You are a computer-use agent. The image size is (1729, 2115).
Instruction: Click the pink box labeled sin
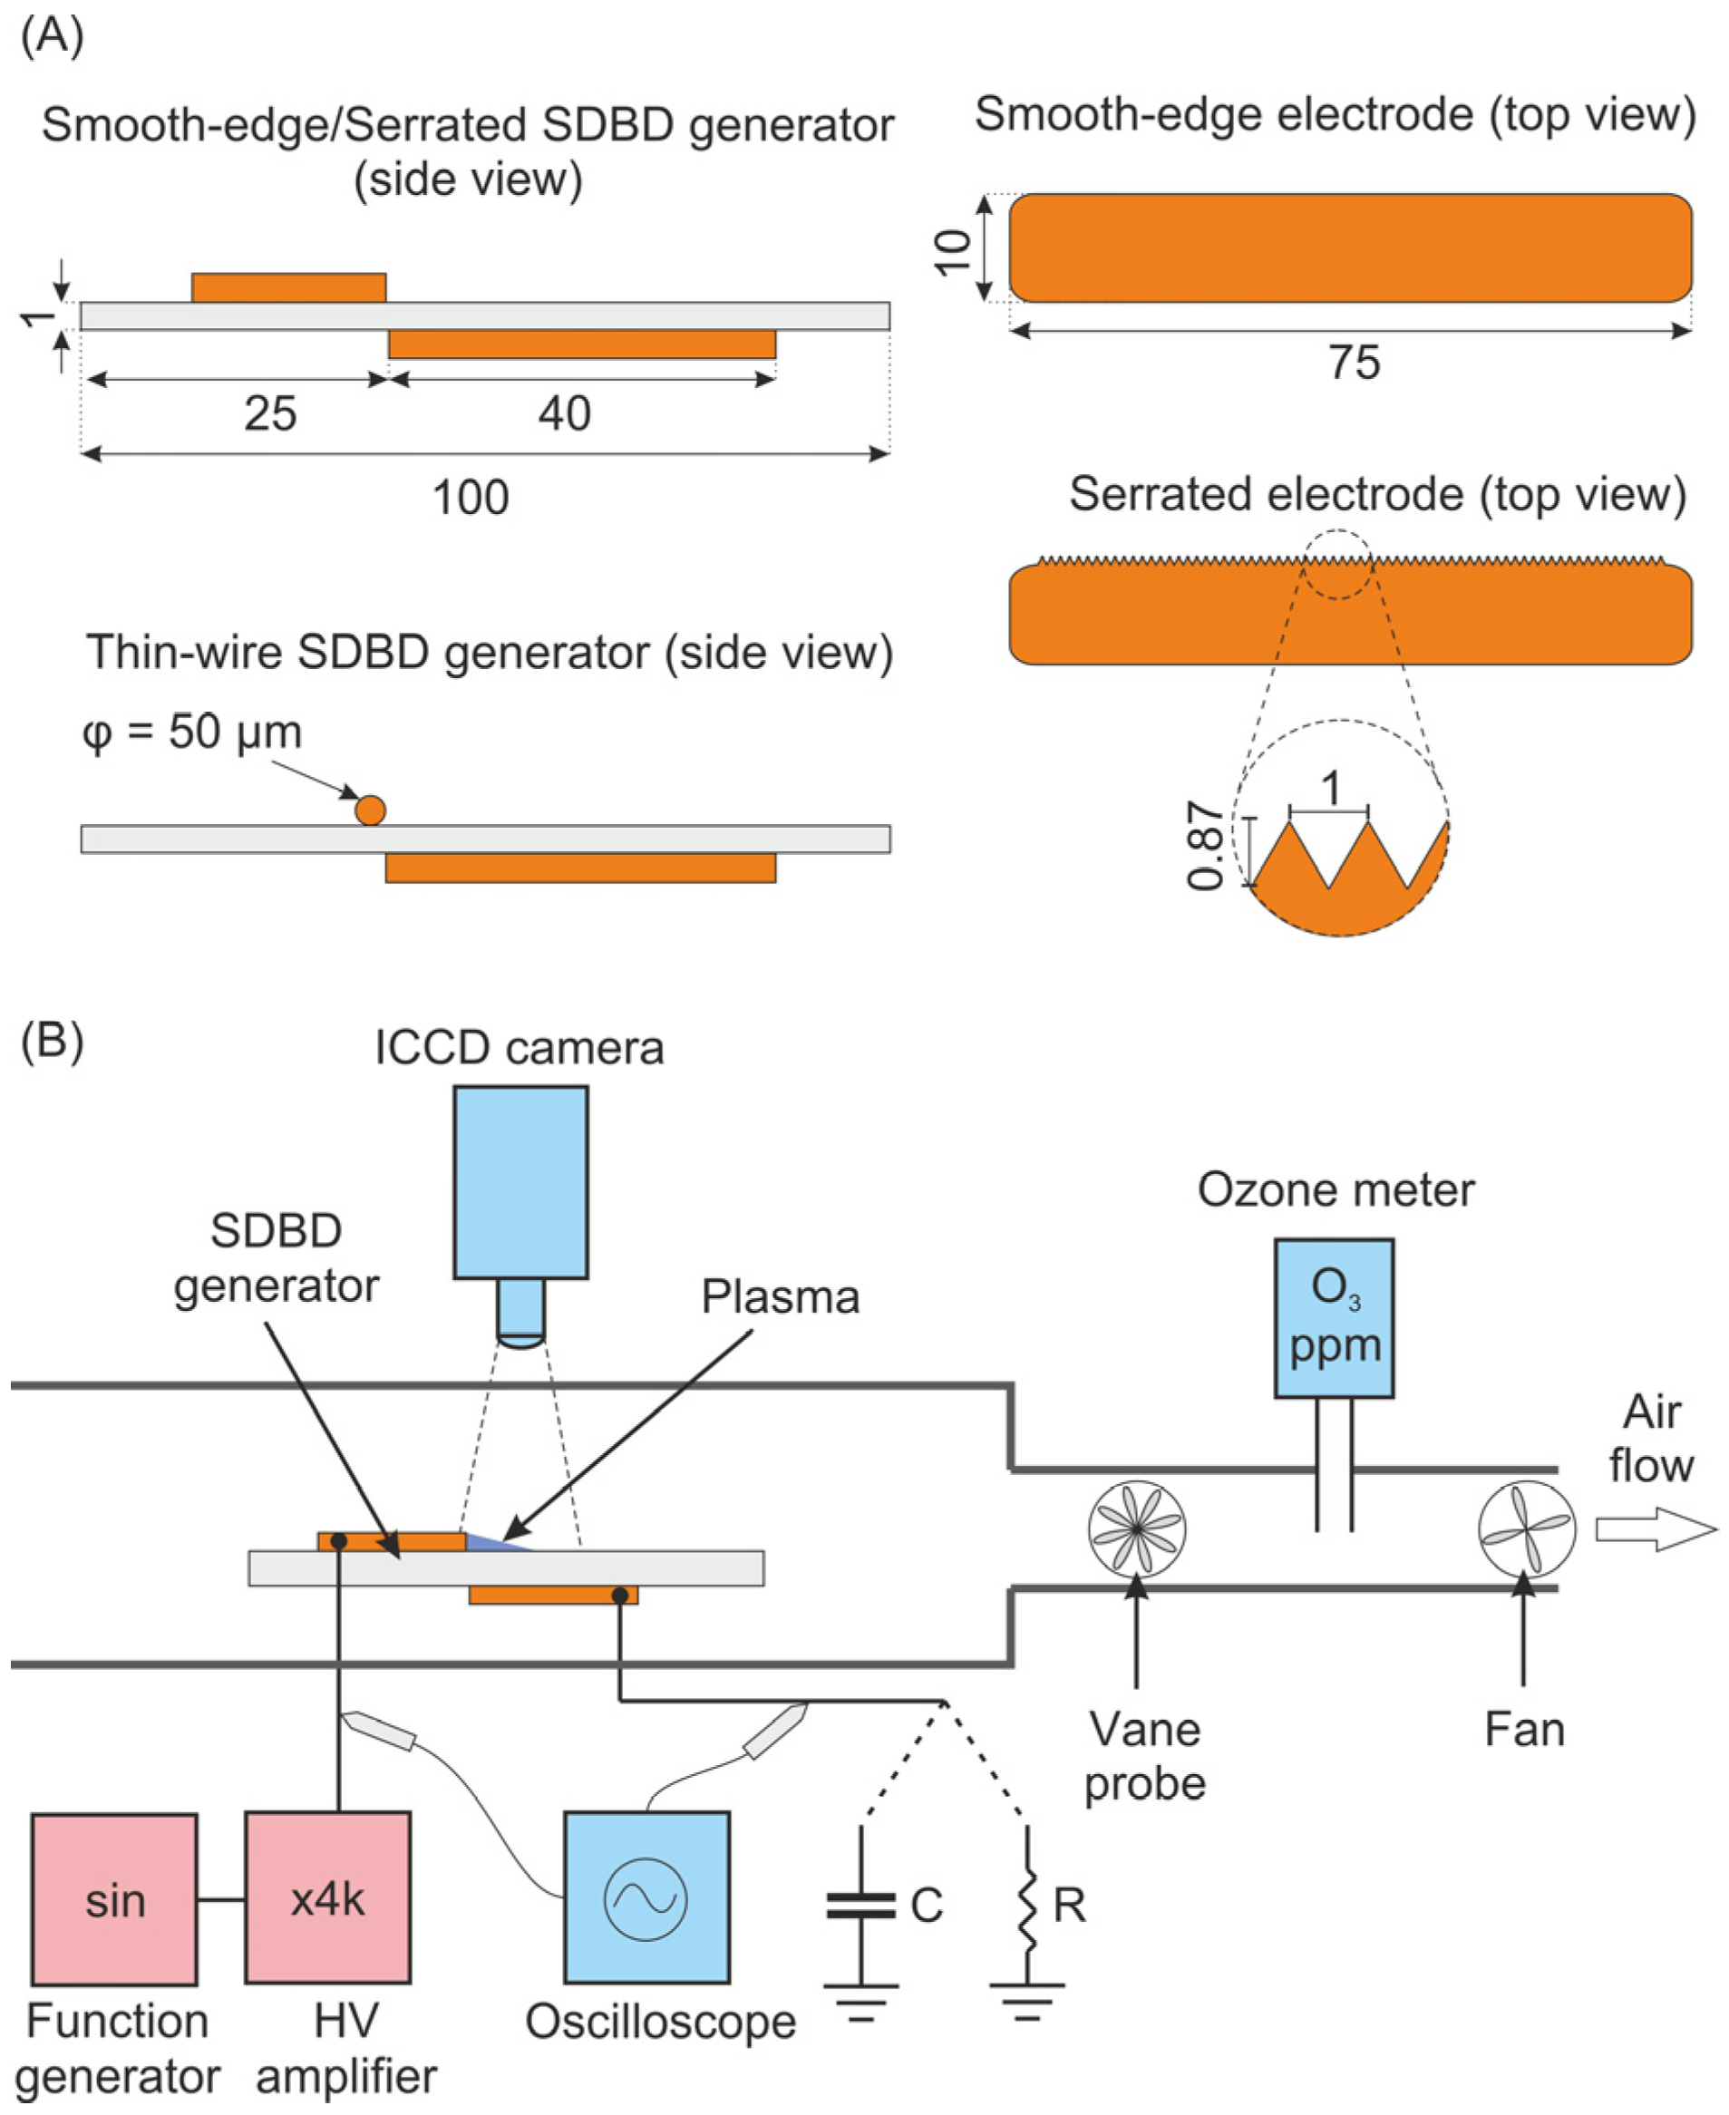point(114,1899)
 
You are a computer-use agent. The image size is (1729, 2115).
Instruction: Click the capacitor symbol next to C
point(860,1906)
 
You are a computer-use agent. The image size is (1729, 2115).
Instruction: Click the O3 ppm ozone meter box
point(1334,1317)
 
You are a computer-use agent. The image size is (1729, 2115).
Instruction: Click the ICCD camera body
point(521,1182)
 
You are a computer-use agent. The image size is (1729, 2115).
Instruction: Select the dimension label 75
point(1354,363)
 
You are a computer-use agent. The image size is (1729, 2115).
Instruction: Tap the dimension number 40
point(565,413)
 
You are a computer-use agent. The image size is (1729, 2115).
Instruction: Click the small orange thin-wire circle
point(370,810)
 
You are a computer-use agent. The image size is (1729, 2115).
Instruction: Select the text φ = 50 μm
point(192,732)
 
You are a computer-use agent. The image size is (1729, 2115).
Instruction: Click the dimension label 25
point(270,413)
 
